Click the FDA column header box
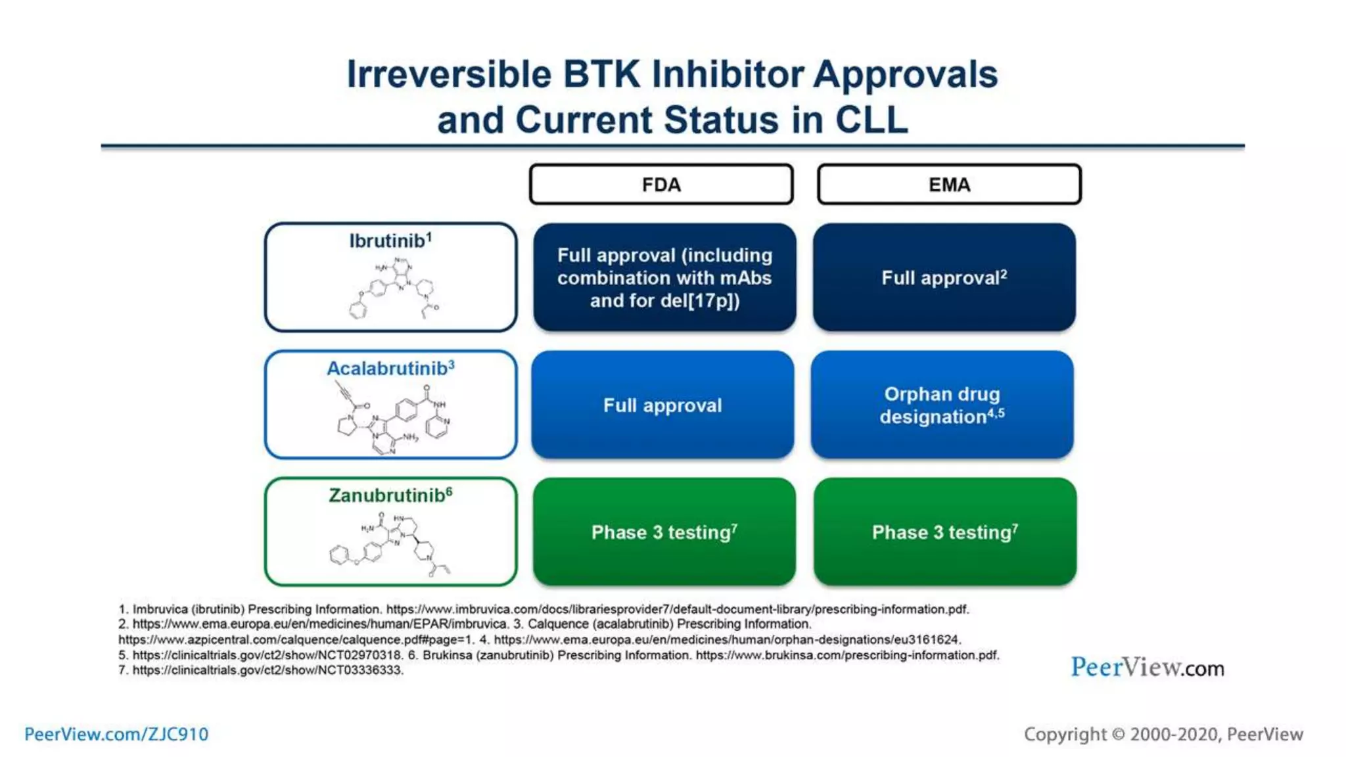[661, 185]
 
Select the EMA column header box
[949, 185]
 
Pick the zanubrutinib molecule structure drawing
[391, 544]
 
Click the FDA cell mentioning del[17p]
[664, 277]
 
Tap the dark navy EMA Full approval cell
[944, 277]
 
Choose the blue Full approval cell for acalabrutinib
[662, 405]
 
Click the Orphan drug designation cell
[942, 405]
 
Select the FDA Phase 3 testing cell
[664, 532]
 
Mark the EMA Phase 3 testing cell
[944, 532]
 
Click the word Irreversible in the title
[449, 74]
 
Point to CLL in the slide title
[871, 120]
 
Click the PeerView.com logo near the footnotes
[1147, 668]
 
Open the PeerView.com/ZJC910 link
[116, 734]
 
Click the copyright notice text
[1163, 734]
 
